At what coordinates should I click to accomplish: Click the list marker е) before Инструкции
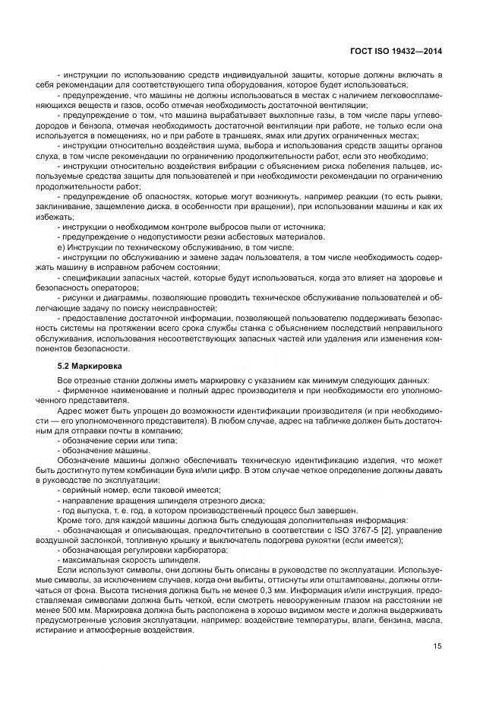pos(61,246)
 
